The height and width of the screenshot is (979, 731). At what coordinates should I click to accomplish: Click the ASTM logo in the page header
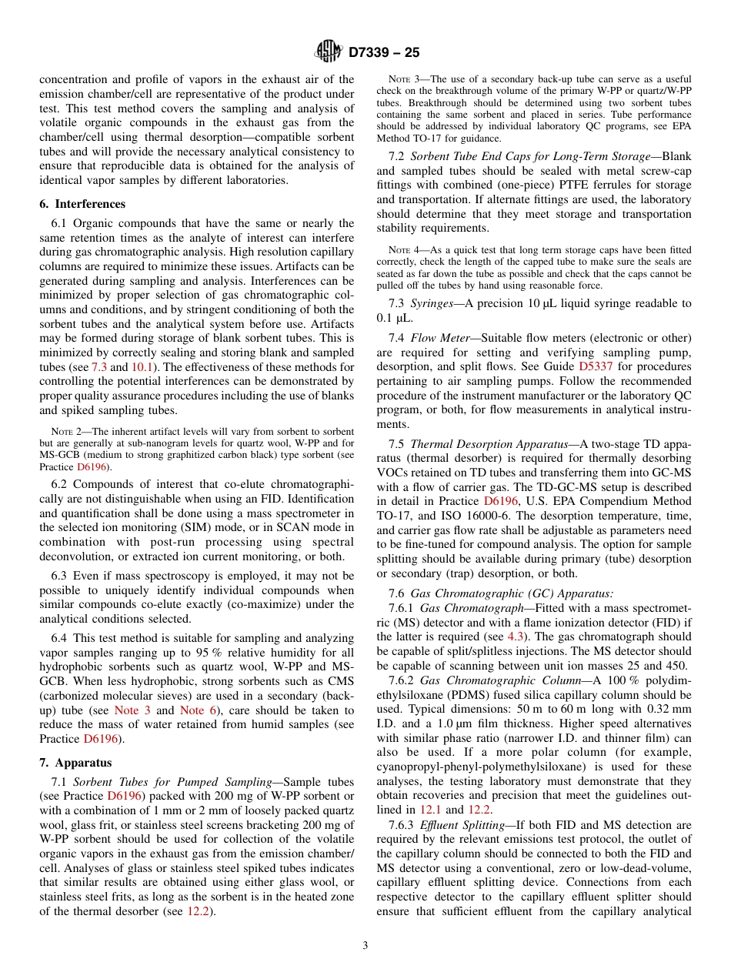pyautogui.click(x=328, y=52)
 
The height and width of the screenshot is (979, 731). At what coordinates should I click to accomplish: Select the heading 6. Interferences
pyautogui.click(x=82, y=204)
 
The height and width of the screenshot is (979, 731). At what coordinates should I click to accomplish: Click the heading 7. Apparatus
pyautogui.click(x=75, y=763)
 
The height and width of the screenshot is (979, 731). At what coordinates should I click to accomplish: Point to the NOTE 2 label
pyautogui.click(x=67, y=432)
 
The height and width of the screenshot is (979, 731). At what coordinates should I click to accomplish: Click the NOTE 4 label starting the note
pyautogui.click(x=404, y=250)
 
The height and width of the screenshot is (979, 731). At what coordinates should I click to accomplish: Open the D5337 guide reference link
pyautogui.click(x=597, y=366)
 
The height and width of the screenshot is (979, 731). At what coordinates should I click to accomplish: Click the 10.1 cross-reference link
pyautogui.click(x=142, y=367)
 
